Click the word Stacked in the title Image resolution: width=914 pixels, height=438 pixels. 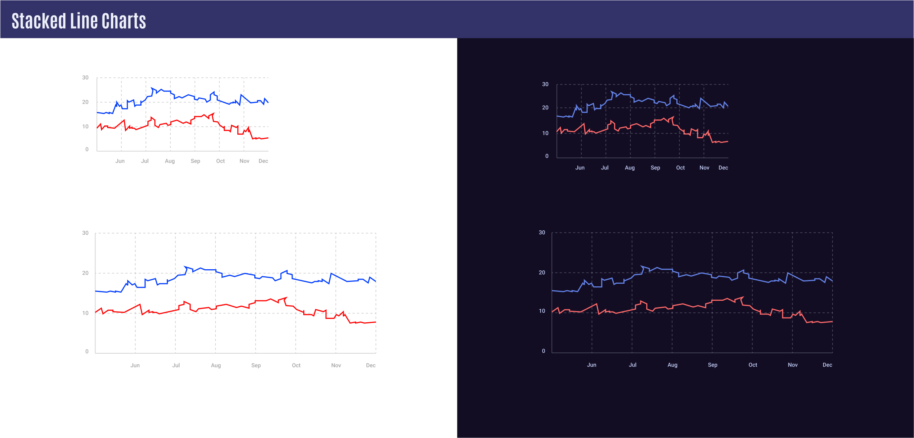[39, 21]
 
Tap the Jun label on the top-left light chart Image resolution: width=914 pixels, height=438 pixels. [120, 161]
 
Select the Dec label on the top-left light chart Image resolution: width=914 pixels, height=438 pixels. [263, 161]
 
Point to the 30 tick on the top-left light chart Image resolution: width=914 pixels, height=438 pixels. [85, 78]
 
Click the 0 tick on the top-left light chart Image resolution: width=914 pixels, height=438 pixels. [87, 149]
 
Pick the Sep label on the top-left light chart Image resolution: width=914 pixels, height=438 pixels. [195, 161]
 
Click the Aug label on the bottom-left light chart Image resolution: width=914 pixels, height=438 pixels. [216, 365]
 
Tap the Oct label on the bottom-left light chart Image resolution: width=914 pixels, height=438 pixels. [296, 365]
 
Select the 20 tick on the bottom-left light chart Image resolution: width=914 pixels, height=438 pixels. [85, 273]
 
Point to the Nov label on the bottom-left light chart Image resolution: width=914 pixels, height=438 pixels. [336, 365]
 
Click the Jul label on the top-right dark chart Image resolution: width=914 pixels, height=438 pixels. [605, 168]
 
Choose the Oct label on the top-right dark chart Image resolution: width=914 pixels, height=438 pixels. [680, 168]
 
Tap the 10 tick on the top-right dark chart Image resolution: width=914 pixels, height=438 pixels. [545, 133]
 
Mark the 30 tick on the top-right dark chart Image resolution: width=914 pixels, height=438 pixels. [545, 84]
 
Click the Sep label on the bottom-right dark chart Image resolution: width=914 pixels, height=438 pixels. [712, 365]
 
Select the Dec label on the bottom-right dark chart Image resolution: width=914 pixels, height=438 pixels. [827, 365]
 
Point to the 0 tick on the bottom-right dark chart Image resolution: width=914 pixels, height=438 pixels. [543, 351]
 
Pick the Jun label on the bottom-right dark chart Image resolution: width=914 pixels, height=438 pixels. [591, 365]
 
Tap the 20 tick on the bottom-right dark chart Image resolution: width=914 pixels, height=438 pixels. [542, 273]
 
